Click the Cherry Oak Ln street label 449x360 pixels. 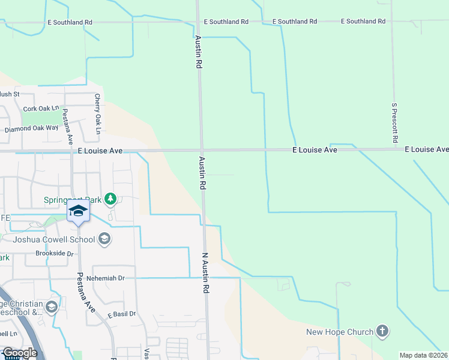(97, 114)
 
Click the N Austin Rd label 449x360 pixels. (205, 272)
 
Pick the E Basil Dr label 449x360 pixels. (122, 314)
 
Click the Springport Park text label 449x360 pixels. (72, 200)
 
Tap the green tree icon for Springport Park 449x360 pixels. (110, 198)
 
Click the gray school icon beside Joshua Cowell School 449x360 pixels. (104, 240)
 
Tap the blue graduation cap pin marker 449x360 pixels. (78, 211)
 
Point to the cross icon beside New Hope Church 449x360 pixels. (382, 331)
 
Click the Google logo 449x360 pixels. (19, 353)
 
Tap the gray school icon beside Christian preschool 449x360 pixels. (52, 308)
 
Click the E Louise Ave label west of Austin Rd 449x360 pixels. (100, 151)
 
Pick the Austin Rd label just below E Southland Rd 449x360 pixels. (198, 52)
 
